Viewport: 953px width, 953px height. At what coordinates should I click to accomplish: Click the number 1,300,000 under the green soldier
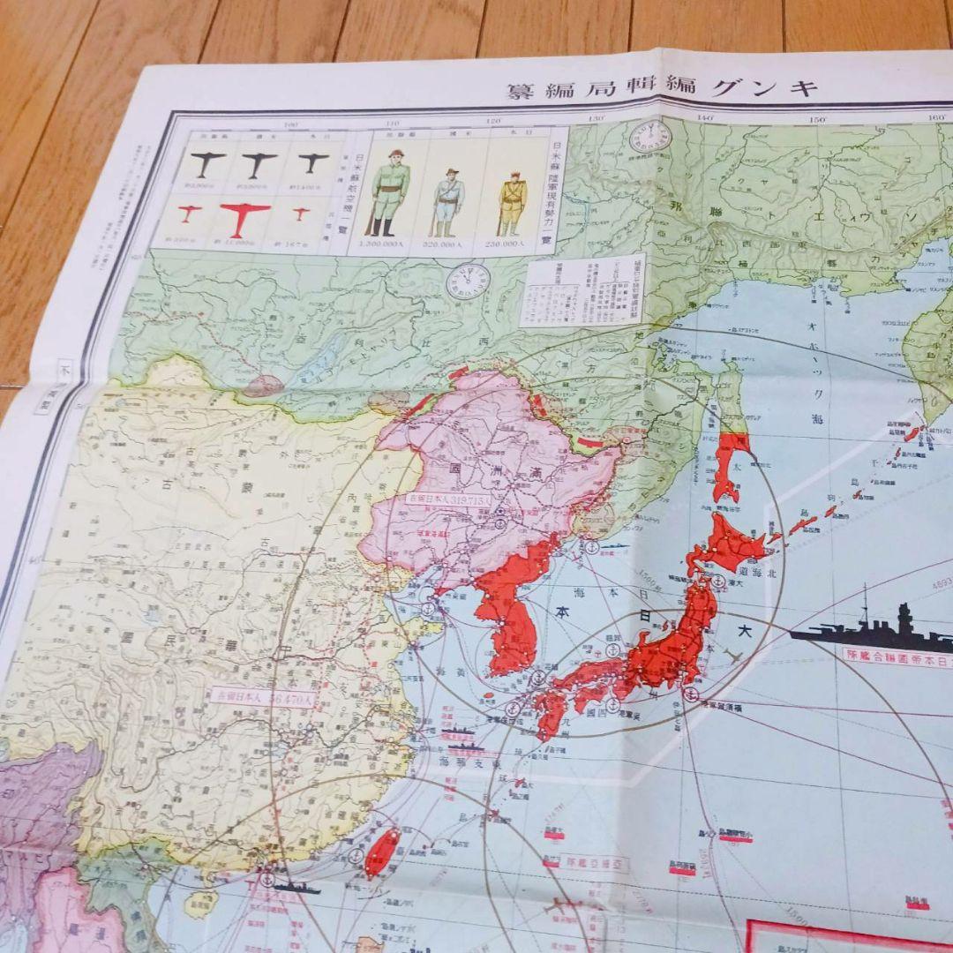(388, 245)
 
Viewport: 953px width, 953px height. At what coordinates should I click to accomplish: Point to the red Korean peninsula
(507, 609)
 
